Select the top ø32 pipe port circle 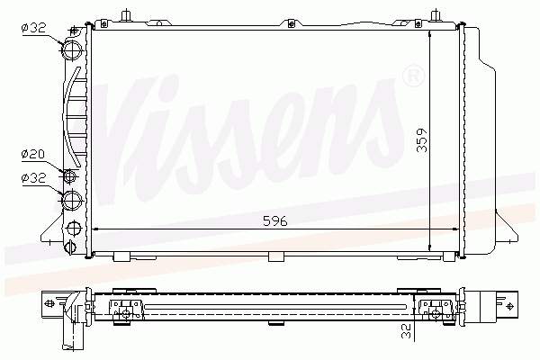coord(72,46)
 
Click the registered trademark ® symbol coord(412,76)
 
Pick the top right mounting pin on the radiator coord(436,15)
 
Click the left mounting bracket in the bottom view coord(125,308)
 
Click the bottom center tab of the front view coord(276,256)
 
